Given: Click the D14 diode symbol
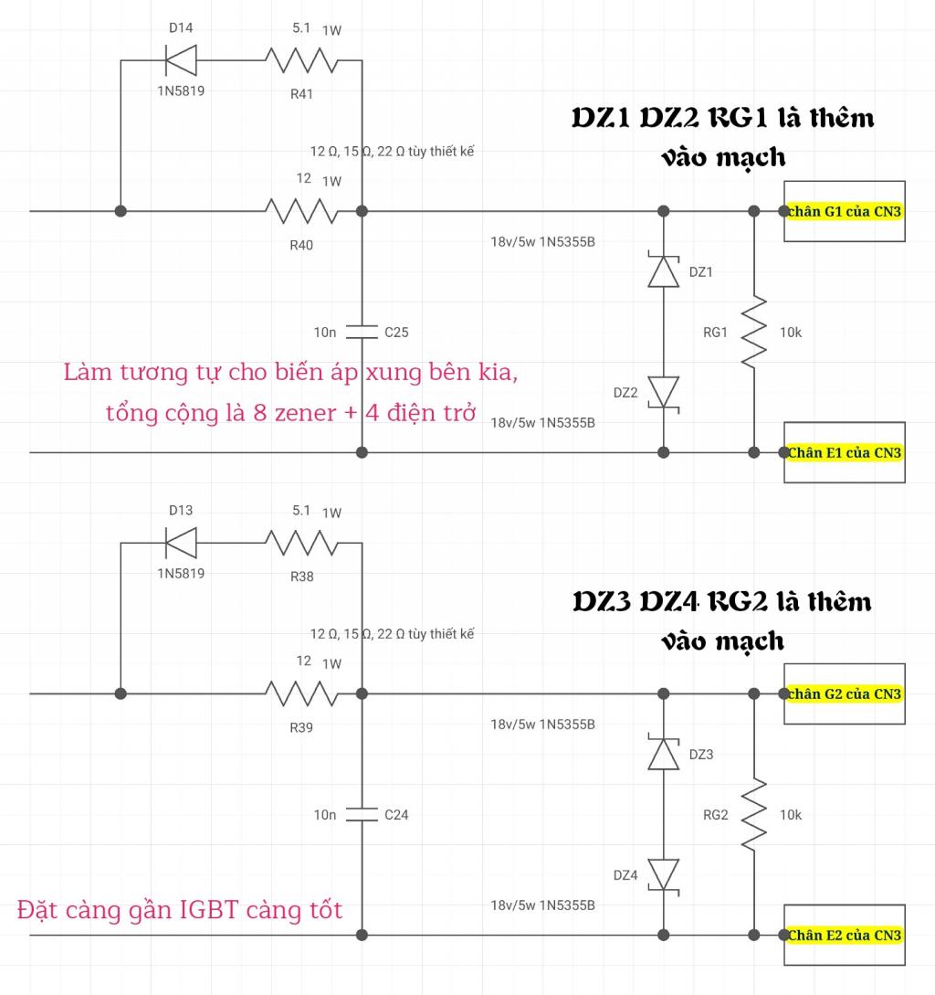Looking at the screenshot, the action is click(x=181, y=60).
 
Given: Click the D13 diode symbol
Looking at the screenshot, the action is click(x=181, y=544).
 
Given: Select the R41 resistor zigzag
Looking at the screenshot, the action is click(x=301, y=60).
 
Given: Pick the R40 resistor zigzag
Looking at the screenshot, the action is click(x=301, y=211).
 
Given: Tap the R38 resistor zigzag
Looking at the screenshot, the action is click(x=301, y=544).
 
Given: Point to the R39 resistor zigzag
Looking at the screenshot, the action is click(x=301, y=693).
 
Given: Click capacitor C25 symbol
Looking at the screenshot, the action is click(x=362, y=332).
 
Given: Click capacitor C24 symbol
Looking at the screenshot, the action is click(x=362, y=815).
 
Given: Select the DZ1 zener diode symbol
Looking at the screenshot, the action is click(x=664, y=270).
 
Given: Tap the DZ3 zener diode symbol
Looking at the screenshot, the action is click(x=664, y=753).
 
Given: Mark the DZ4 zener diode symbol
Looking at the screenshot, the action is click(x=664, y=876).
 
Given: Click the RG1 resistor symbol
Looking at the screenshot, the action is click(x=754, y=332).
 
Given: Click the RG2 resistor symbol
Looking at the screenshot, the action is click(x=754, y=815).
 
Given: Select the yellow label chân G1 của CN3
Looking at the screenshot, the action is click(x=845, y=211).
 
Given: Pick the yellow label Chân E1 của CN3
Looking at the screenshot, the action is click(x=845, y=452).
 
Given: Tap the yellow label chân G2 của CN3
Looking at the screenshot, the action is click(x=845, y=693).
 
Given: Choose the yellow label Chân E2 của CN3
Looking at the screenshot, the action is click(x=845, y=936).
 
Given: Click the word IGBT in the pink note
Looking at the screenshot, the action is click(x=209, y=910).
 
